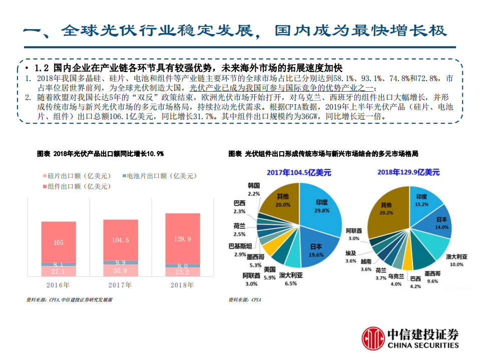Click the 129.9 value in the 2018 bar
point(183,239)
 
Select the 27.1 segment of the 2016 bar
point(58,271)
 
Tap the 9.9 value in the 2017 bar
point(121,263)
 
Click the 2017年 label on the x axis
point(121,285)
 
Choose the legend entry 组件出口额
point(75,186)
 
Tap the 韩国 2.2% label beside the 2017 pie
point(254,189)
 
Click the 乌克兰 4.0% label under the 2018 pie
point(395,280)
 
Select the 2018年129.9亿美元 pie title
point(408,172)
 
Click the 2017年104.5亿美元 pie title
point(299,172)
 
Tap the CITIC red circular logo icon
point(371,339)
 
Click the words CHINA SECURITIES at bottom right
point(423,345)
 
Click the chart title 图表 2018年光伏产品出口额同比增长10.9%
point(100,154)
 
